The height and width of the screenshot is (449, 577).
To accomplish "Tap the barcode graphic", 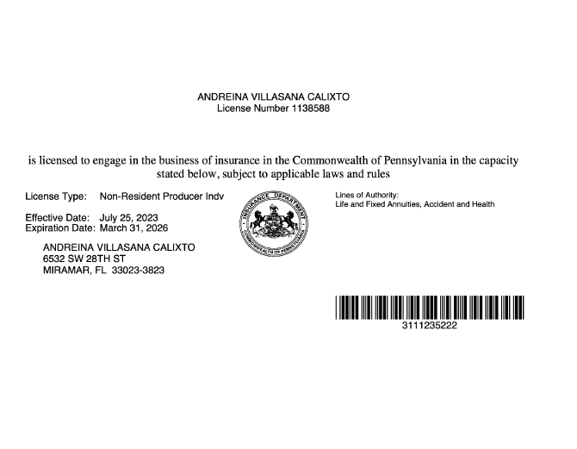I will (429, 309).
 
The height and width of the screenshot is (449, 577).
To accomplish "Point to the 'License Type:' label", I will (56, 196).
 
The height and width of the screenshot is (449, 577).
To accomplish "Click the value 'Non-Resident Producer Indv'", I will (161, 196).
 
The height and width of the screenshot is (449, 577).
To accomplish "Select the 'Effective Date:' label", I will (58, 217).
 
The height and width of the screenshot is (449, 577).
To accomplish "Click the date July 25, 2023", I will (129, 217).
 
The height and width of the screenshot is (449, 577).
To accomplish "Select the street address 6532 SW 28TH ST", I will (84, 259).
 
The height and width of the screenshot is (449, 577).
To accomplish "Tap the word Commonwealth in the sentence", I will (327, 160).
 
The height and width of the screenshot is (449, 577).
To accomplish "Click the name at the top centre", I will (273, 97).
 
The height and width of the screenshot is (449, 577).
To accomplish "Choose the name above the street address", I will (119, 247).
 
